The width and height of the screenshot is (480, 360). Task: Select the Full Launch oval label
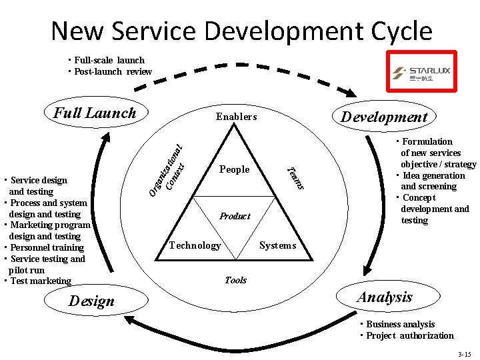click(x=95, y=113)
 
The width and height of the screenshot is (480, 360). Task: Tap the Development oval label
click(x=384, y=117)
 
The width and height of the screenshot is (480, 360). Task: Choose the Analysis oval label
click(x=385, y=297)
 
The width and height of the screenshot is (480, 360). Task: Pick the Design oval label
click(x=92, y=301)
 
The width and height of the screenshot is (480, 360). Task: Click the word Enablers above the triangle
click(x=236, y=117)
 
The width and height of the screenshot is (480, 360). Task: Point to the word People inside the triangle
click(x=235, y=169)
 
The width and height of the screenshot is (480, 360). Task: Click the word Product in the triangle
click(x=235, y=216)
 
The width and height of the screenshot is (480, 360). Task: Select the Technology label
click(x=195, y=245)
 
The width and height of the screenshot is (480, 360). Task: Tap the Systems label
click(x=277, y=245)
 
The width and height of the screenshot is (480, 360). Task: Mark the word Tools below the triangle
click(x=235, y=280)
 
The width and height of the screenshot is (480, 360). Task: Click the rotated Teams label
click(x=295, y=177)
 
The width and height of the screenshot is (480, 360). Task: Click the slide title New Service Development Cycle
click(x=241, y=31)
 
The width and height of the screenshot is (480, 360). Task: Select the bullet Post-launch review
click(x=113, y=71)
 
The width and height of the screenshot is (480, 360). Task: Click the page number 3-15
click(x=464, y=353)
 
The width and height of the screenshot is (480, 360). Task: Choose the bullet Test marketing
click(x=41, y=281)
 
